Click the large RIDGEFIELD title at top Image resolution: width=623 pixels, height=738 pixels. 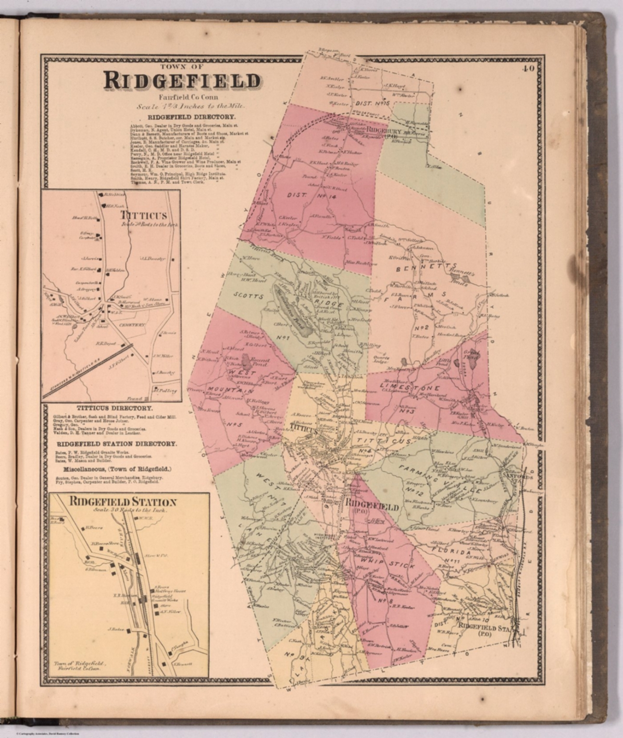pos(182,81)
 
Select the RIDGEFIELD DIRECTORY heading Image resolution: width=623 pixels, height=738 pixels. pos(185,117)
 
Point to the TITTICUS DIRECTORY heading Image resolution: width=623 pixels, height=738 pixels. pos(110,408)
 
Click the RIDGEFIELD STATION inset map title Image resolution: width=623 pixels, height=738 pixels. pos(123,503)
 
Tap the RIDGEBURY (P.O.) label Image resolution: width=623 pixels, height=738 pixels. pos(384,131)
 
